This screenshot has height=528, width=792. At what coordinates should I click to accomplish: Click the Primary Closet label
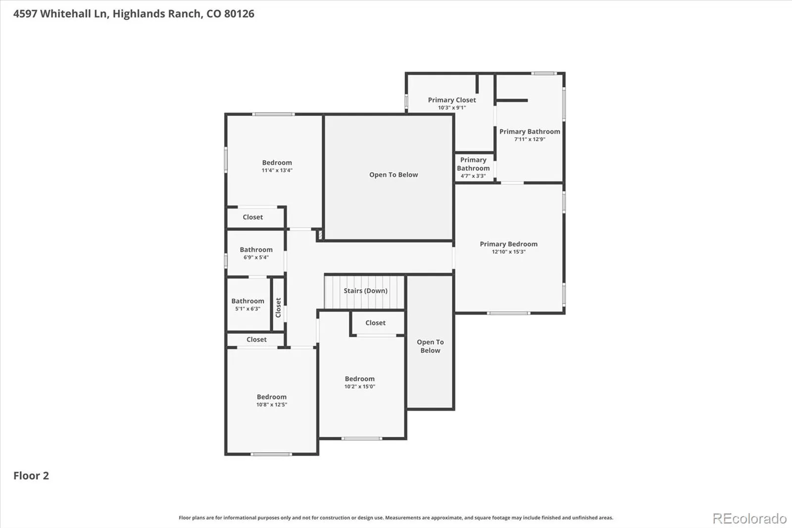452,100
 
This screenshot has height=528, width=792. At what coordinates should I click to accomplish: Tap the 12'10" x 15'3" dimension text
508,252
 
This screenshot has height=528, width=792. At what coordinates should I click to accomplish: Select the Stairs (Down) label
366,291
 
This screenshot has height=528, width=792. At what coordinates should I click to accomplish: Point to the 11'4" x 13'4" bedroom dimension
277,170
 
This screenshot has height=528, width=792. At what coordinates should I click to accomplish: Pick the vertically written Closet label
278,308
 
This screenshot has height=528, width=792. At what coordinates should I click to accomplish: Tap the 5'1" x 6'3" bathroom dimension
247,309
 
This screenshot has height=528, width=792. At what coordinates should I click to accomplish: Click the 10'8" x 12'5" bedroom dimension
272,405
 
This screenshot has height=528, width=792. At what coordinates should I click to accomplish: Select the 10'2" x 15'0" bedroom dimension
359,386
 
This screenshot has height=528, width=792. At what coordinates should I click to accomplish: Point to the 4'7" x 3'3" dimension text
473,176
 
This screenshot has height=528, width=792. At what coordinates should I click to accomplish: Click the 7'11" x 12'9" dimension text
530,140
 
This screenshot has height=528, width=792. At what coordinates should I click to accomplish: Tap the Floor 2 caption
31,475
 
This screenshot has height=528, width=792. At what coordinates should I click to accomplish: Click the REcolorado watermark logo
749,519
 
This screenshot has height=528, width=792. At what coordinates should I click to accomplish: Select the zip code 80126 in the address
239,14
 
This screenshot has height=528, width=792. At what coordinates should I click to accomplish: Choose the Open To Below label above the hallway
394,175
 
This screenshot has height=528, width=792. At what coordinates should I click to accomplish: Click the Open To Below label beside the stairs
430,346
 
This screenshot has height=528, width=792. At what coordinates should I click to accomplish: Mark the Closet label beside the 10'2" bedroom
375,323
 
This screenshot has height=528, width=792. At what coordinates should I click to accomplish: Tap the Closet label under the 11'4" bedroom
252,217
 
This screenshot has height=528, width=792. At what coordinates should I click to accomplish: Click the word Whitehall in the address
66,14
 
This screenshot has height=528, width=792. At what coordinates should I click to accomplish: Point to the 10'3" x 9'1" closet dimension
452,108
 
